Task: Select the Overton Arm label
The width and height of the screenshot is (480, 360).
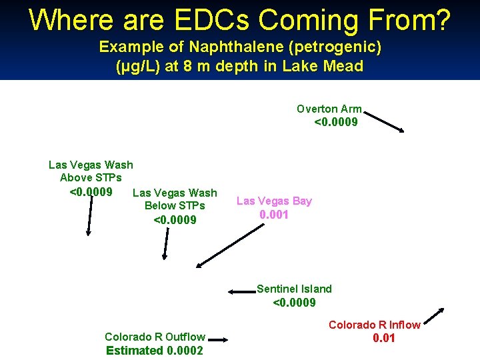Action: click(x=329, y=109)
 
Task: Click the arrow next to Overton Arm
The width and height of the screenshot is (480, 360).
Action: click(x=385, y=122)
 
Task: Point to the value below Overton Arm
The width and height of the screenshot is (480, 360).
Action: click(x=335, y=122)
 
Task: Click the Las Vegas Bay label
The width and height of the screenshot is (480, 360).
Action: click(x=274, y=201)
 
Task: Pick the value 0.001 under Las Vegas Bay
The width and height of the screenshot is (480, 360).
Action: click(x=274, y=215)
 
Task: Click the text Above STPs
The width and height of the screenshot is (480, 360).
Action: click(x=91, y=178)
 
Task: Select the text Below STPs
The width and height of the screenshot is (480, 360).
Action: click(x=175, y=205)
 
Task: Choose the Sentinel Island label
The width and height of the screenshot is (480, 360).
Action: click(x=294, y=289)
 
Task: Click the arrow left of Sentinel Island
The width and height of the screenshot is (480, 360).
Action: click(x=242, y=291)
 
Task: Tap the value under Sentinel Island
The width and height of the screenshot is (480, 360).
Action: click(x=294, y=303)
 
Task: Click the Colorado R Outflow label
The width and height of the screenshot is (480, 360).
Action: click(x=155, y=337)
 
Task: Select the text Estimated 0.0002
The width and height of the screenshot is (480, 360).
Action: click(x=155, y=350)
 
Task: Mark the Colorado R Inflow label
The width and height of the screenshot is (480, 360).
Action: click(x=374, y=325)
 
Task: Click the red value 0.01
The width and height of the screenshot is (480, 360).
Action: click(x=383, y=338)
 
